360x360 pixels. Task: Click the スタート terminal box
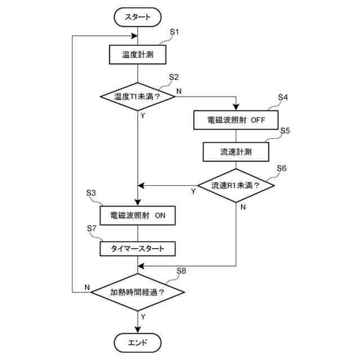[137, 17]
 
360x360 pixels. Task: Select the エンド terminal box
[137, 343]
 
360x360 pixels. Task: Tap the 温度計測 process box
[137, 55]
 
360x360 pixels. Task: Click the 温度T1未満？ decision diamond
[137, 96]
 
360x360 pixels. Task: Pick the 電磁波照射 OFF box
[236, 120]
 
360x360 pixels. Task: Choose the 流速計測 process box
[236, 152]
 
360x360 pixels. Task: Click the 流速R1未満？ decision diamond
[236, 185]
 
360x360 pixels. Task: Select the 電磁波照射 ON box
[137, 215]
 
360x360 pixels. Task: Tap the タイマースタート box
[137, 249]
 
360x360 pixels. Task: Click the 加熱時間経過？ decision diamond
[137, 292]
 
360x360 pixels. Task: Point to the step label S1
[174, 32]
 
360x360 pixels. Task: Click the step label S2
[174, 77]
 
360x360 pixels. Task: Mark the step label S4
[283, 97]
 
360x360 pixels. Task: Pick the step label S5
[285, 130]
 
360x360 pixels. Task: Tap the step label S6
[282, 168]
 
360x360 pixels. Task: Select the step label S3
[91, 193]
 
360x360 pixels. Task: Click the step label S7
[91, 228]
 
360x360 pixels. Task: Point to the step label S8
[181, 271]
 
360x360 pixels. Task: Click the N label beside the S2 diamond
[179, 91]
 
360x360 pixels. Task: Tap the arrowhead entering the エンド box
[137, 330]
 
